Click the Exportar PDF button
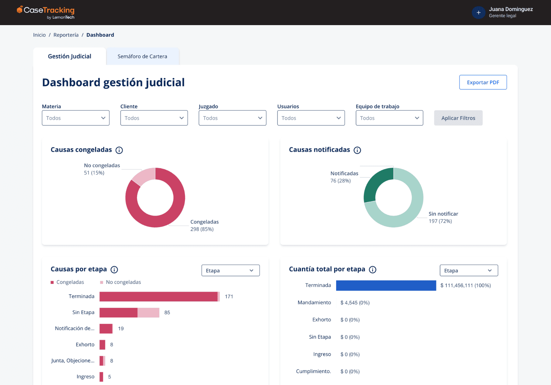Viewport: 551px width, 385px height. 483,82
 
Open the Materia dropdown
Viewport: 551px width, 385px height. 75,118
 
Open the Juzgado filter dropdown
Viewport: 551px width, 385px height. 232,118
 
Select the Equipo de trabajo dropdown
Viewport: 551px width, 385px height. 389,118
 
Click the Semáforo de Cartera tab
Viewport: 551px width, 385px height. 142,56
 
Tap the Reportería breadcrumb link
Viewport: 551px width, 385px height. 66,35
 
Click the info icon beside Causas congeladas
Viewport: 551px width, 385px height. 119,150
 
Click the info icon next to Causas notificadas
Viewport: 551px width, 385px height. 357,150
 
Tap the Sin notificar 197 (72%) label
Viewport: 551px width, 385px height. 443,217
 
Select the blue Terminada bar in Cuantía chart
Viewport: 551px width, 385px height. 386,286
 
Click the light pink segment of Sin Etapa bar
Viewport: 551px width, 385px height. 148,313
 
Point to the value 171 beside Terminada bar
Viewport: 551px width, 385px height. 229,297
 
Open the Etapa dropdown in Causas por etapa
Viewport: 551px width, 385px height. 230,270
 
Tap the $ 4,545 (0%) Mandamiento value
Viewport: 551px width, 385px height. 355,303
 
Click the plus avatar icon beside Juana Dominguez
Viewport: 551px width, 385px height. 478,13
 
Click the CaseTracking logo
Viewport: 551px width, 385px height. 46,12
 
